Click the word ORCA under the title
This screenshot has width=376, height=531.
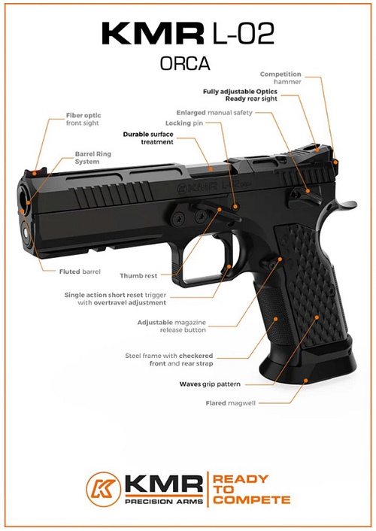[185, 63]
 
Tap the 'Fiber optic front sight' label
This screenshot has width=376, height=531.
[83, 119]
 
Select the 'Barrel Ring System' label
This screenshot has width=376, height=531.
[92, 158]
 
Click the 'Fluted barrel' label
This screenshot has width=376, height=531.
[80, 272]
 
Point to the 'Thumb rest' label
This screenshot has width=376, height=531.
[138, 276]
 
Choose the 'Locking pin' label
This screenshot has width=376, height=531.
[184, 123]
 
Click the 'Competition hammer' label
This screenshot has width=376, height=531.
[280, 78]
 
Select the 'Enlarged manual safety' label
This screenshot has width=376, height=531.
[214, 113]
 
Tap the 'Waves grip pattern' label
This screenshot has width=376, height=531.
[210, 384]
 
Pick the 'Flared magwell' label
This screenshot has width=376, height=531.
[231, 403]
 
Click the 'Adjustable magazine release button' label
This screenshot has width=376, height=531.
[171, 326]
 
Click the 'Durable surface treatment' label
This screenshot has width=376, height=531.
[148, 138]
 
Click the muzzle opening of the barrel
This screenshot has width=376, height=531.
[24, 196]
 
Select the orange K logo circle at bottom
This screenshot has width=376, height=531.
[103, 489]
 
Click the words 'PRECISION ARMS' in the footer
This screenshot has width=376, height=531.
[164, 501]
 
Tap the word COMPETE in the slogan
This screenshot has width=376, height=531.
[252, 500]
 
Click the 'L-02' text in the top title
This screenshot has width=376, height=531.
[243, 33]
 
